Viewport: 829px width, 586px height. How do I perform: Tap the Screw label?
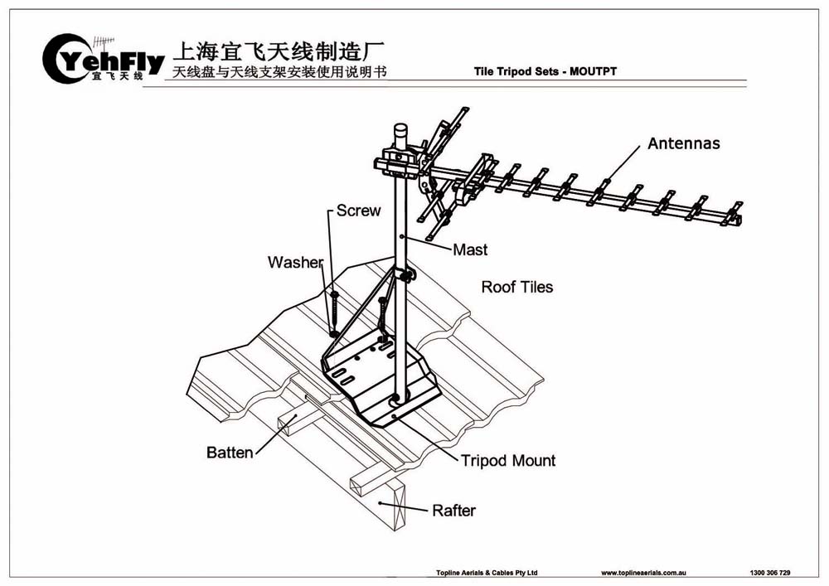tap(358, 211)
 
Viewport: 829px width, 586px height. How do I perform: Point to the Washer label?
tap(294, 263)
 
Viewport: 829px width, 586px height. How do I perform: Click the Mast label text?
tap(470, 249)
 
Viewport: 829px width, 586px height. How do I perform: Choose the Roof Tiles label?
tap(516, 288)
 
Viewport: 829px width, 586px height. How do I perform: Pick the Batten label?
tap(230, 453)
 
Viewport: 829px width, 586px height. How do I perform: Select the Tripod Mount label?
tap(508, 460)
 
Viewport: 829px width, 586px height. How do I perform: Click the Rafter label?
tap(453, 510)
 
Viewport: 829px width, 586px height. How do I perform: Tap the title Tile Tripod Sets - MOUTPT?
tap(545, 71)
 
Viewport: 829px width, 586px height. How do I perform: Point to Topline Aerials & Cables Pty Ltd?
tap(487, 573)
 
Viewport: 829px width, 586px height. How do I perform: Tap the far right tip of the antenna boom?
tap(739, 219)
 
